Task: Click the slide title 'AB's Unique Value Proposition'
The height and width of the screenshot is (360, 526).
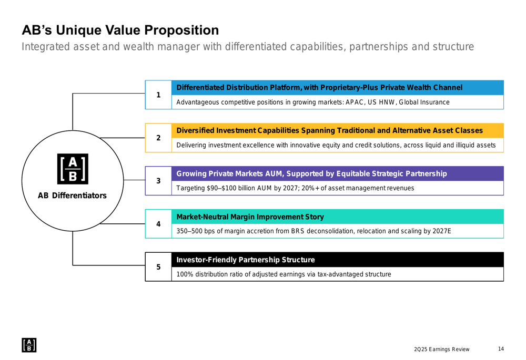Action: click(120, 30)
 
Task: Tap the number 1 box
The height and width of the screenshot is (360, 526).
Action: click(158, 95)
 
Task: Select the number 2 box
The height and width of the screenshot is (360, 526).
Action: click(158, 138)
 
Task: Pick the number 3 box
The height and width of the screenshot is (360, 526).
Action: click(158, 181)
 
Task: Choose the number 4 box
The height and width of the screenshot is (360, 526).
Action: click(158, 224)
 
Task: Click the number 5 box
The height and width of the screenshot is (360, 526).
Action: click(158, 267)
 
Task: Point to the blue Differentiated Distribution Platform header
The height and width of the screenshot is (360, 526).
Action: click(319, 87)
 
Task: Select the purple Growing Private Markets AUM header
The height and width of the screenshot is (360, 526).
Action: click(312, 173)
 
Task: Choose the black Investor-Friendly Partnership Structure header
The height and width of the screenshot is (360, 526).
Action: click(246, 260)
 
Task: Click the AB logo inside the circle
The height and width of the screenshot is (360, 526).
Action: click(72, 169)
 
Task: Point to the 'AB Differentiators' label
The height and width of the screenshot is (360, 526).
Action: click(72, 196)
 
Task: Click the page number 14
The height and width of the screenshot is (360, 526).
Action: click(501, 349)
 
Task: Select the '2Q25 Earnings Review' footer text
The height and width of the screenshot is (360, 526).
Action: click(441, 349)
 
